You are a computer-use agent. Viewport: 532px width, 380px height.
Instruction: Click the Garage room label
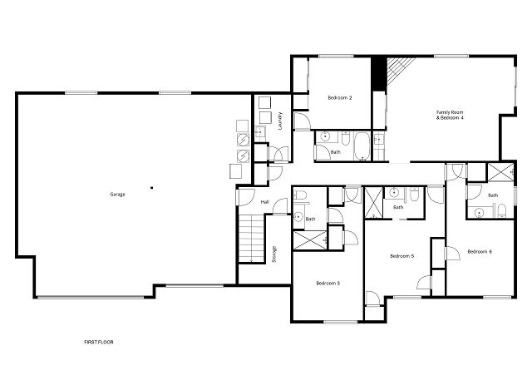click(117, 195)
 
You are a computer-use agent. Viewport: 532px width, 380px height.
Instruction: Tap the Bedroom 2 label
click(340, 98)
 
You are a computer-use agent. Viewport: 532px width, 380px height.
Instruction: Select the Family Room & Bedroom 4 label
click(450, 115)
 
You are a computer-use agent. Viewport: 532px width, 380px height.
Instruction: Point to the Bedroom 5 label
click(402, 256)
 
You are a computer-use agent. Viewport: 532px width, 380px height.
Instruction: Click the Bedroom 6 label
click(480, 252)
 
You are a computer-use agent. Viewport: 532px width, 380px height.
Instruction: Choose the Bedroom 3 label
click(328, 284)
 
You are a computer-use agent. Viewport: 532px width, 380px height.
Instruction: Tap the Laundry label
click(280, 121)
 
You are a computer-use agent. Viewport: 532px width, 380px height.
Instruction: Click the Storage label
click(274, 254)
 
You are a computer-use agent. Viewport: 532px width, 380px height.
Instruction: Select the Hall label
click(264, 202)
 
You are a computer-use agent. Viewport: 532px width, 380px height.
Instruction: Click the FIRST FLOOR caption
click(99, 343)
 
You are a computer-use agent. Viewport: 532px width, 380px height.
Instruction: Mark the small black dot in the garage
click(151, 187)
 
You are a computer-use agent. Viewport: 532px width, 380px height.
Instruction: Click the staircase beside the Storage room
click(251, 238)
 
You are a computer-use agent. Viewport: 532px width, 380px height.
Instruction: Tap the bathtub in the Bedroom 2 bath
click(362, 146)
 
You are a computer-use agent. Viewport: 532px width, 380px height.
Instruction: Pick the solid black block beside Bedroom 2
click(379, 73)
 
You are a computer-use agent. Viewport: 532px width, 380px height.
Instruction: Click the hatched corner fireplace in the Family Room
click(400, 69)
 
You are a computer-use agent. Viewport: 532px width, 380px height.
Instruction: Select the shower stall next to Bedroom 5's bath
click(373, 202)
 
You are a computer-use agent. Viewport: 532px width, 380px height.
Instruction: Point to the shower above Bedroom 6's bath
click(500, 172)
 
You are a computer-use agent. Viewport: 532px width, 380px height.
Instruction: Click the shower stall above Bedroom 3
click(310, 239)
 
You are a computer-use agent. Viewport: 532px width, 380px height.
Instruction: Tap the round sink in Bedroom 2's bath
click(325, 136)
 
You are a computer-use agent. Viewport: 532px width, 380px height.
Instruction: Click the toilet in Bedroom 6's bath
click(502, 211)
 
